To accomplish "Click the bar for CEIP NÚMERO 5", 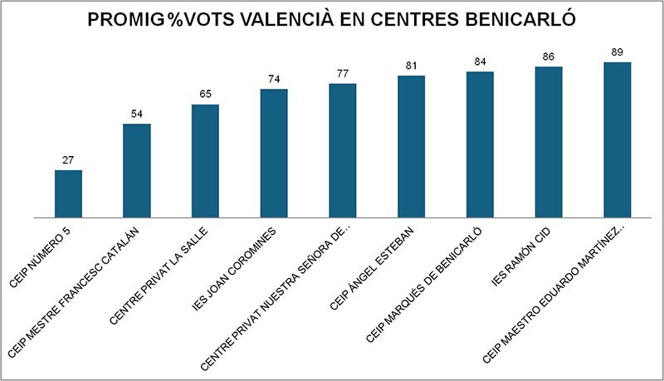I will (x=68, y=194).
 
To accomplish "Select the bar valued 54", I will (x=137, y=171).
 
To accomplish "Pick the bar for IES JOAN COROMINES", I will (x=274, y=154).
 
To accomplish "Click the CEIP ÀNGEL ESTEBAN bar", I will (x=412, y=147).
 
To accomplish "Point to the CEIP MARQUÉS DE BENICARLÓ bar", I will (x=480, y=144).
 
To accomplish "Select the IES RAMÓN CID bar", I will (x=549, y=142).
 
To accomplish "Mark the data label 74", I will (x=274, y=79).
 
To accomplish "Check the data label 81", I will (x=412, y=66).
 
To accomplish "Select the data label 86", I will (x=549, y=56).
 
